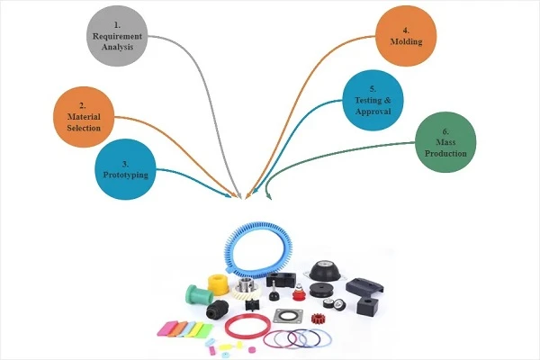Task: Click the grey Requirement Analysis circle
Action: [x=117, y=36]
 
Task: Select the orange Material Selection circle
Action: [x=84, y=117]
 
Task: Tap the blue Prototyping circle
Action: [x=125, y=169]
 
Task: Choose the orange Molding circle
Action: [x=406, y=36]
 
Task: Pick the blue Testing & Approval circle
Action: [x=373, y=100]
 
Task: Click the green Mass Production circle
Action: [x=445, y=142]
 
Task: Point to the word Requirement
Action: [x=117, y=36]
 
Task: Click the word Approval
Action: [x=373, y=112]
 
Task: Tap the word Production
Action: [x=445, y=153]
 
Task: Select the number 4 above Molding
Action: [x=406, y=31]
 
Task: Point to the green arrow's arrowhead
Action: [x=268, y=197]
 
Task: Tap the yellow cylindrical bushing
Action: [x=218, y=284]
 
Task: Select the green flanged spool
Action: [x=199, y=295]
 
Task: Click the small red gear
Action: [x=319, y=319]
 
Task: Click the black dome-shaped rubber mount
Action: [x=323, y=270]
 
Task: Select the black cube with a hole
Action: [x=368, y=306]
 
